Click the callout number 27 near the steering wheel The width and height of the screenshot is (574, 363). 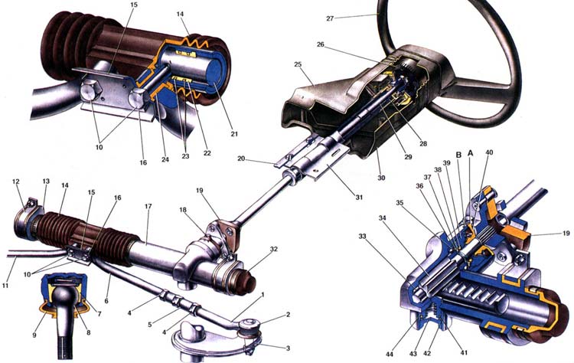click(330, 18)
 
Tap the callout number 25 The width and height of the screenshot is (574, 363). click(298, 64)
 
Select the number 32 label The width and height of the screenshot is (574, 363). click(273, 249)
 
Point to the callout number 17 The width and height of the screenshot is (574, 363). click(148, 207)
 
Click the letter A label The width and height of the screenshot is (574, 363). click(471, 153)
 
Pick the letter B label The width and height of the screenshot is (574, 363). click(458, 155)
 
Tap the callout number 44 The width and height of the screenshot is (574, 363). click(390, 355)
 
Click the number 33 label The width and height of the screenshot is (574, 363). click(362, 237)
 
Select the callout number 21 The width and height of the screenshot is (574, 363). click(234, 134)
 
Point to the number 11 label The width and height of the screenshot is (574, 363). click(5, 285)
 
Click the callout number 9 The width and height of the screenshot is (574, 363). click(34, 335)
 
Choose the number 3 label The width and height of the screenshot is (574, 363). click(288, 348)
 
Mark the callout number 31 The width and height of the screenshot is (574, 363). click(359, 197)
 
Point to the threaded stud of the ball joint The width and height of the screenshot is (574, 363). click(66, 345)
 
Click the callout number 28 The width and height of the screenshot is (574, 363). click(423, 143)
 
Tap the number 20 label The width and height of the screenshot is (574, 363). click(241, 159)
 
